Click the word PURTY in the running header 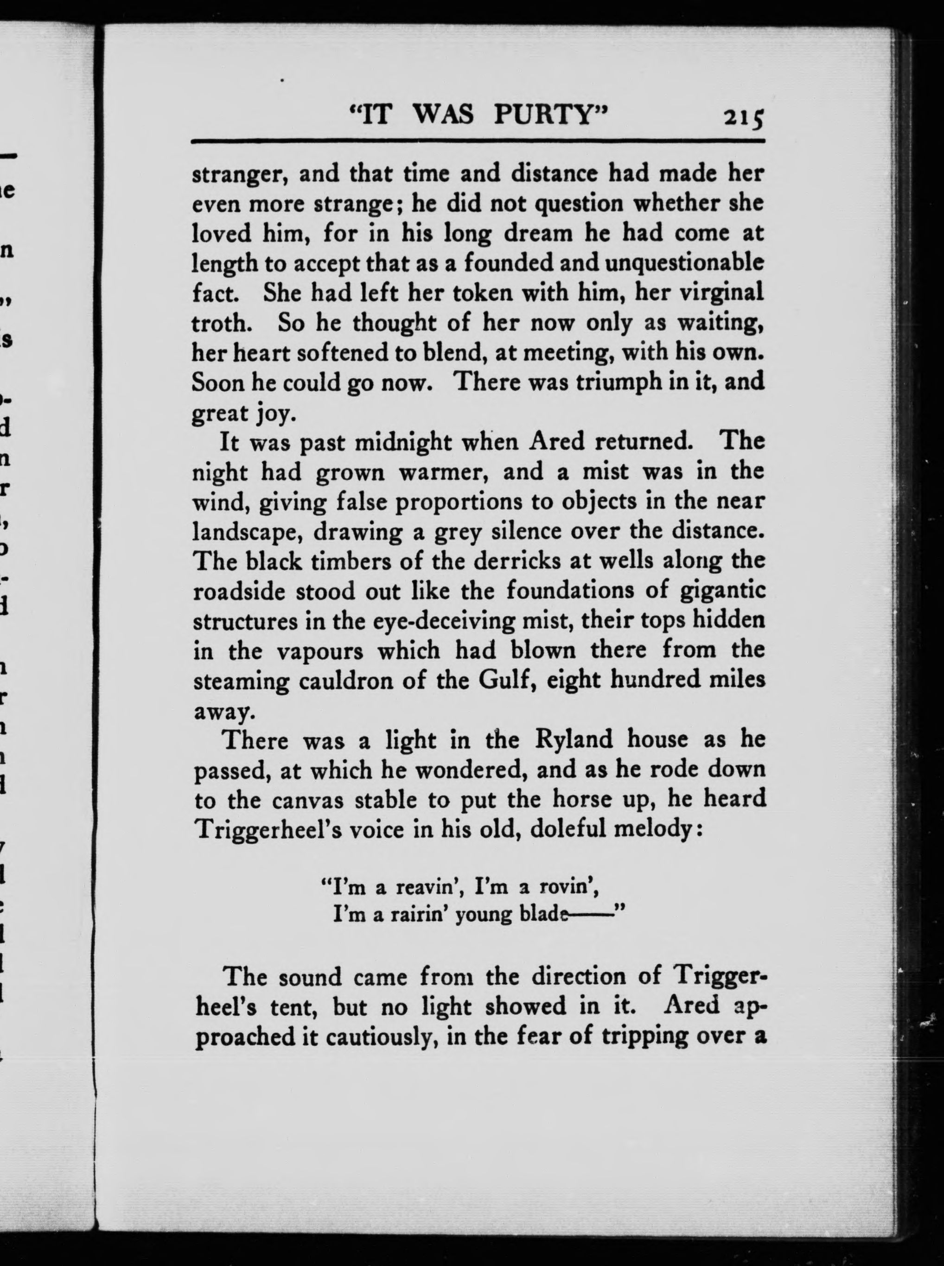pyautogui.click(x=549, y=116)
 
